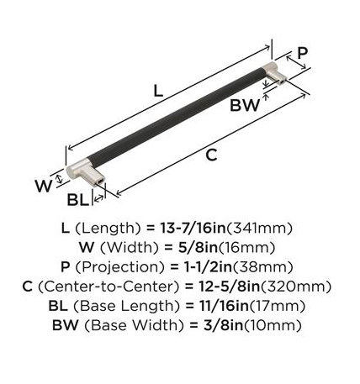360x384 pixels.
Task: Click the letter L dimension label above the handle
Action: click(x=158, y=91)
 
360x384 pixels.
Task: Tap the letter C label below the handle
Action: click(x=211, y=155)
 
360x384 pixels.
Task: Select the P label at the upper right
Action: click(x=302, y=53)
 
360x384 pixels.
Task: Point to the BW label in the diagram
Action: click(x=245, y=106)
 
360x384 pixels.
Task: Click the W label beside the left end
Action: click(x=44, y=186)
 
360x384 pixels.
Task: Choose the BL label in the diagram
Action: click(x=77, y=200)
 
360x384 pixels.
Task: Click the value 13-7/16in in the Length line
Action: click(x=193, y=228)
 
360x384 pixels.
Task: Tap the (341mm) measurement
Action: click(x=259, y=229)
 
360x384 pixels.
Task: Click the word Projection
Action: click(x=119, y=267)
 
